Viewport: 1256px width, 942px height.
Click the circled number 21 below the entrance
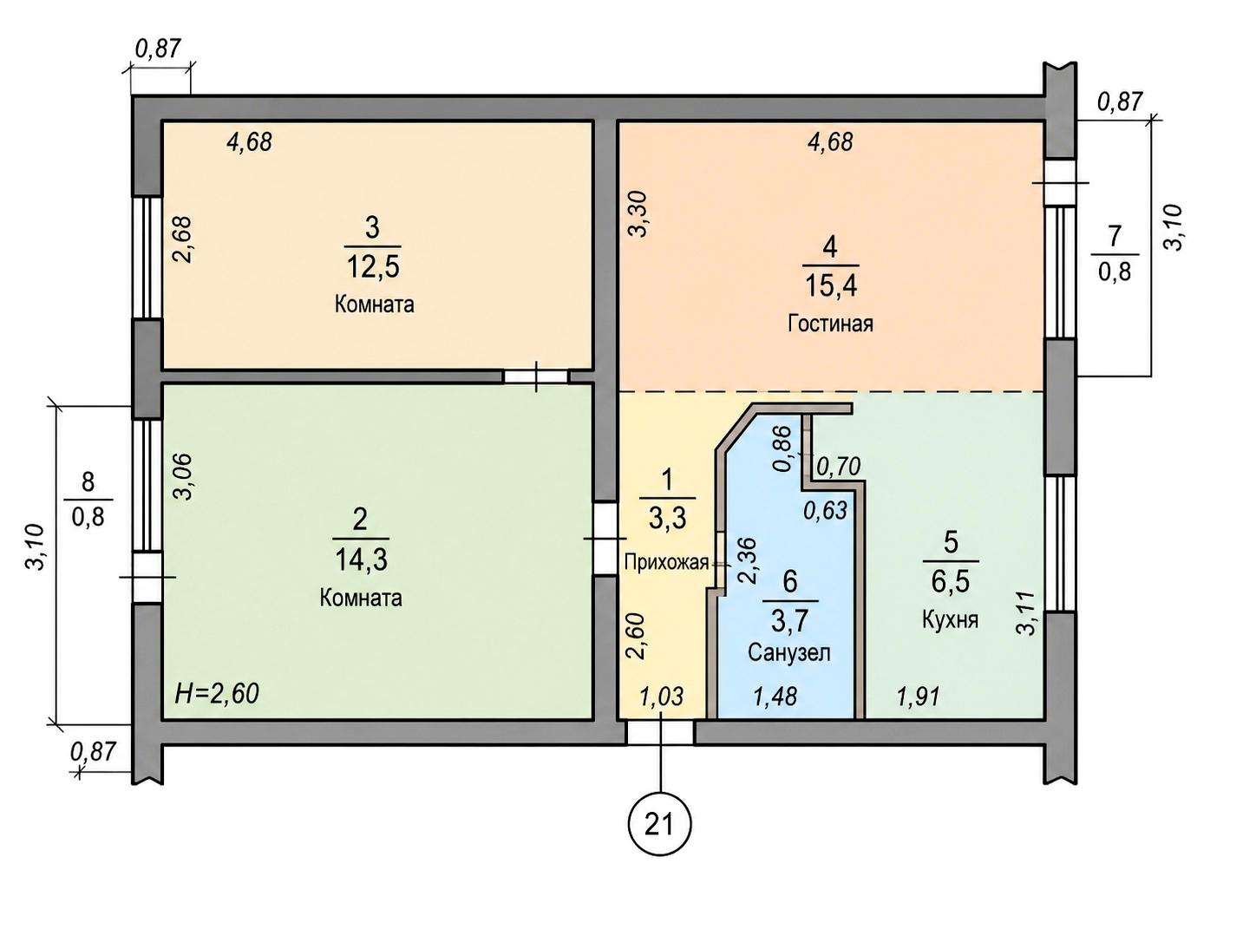pos(660,824)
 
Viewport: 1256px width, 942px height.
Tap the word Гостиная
pos(830,324)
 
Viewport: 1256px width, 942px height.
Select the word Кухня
pos(950,618)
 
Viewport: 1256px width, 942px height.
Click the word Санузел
pos(789,652)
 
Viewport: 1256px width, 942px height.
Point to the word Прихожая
pos(666,563)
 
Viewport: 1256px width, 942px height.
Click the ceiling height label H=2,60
pos(217,693)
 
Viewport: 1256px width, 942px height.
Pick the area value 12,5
pos(372,266)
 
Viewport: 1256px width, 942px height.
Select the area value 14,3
pos(361,559)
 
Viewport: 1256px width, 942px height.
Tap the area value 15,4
pos(831,285)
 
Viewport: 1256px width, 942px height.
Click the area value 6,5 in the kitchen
pos(951,582)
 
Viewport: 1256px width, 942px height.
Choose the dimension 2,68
pos(182,239)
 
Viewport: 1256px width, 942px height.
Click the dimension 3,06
pos(182,477)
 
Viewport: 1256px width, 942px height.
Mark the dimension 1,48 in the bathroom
pos(775,697)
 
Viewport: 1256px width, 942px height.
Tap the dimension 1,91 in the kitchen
pos(918,697)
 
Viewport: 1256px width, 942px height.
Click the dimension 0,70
pos(838,467)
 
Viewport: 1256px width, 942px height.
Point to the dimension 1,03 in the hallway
pos(661,697)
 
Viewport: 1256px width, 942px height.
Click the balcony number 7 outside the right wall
pos(1114,236)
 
